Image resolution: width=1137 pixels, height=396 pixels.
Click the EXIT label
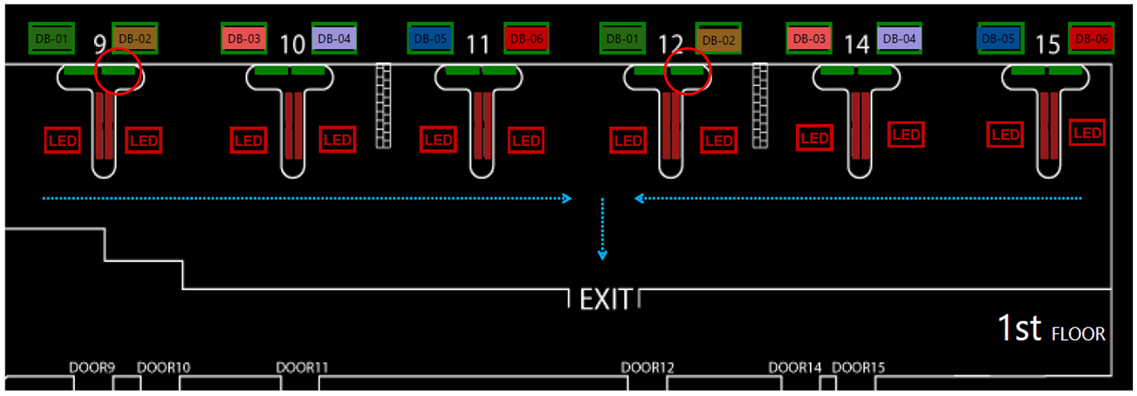coord(606,299)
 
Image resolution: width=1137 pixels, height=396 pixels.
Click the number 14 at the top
coord(856,44)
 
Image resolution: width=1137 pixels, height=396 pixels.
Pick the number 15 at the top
coord(1047,44)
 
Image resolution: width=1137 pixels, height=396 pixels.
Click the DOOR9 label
coord(92,368)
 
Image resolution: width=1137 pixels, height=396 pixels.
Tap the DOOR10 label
coord(163,368)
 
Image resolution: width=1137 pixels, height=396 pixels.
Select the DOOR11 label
coord(302,368)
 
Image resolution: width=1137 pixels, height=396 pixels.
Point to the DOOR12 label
coord(647,368)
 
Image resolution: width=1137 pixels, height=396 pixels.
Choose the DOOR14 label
coord(795,368)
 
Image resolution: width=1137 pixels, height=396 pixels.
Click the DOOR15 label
coord(858,368)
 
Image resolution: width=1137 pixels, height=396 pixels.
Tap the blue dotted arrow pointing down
coord(602,229)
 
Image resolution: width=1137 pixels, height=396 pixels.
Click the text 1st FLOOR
coord(1051,329)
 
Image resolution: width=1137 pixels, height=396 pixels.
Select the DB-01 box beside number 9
coord(52,37)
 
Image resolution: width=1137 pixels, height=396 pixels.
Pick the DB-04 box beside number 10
coord(335,37)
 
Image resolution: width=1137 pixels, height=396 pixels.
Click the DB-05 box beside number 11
coord(430,37)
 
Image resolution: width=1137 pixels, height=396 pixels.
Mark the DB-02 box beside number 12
coord(719,39)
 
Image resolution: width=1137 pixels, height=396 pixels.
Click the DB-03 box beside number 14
coord(809,38)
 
